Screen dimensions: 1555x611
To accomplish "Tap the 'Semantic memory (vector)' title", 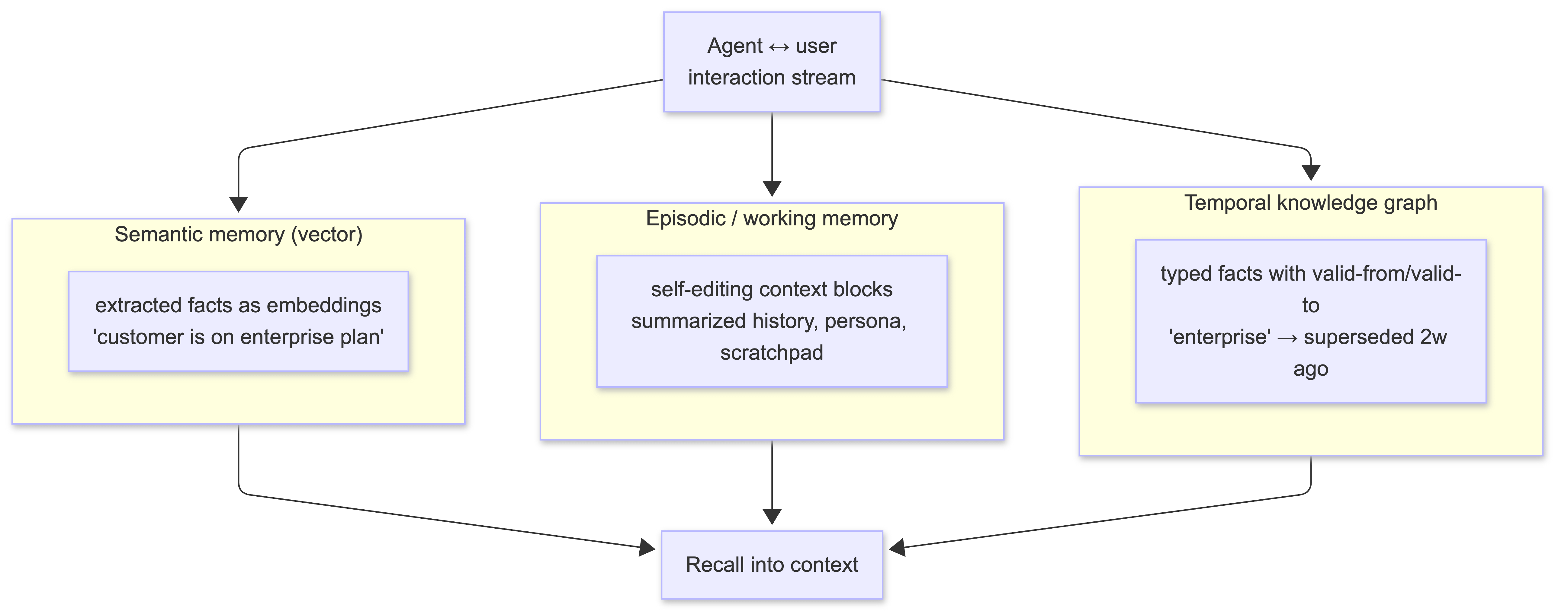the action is [x=239, y=234].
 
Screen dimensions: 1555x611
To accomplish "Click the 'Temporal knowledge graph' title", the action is [x=1310, y=203].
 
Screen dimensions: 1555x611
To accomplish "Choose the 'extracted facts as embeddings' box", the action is [x=239, y=321].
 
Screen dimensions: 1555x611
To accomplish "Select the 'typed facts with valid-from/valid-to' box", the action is [x=1310, y=321].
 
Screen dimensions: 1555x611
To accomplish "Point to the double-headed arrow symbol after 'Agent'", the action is [x=779, y=46].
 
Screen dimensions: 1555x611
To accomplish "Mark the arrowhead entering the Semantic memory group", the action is [x=239, y=205].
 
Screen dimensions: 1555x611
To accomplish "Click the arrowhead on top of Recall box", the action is [x=772, y=517].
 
